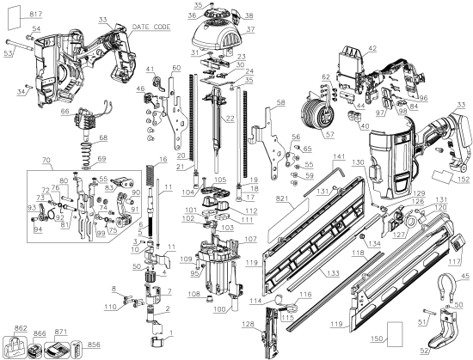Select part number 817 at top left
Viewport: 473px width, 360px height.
click(11, 15)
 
